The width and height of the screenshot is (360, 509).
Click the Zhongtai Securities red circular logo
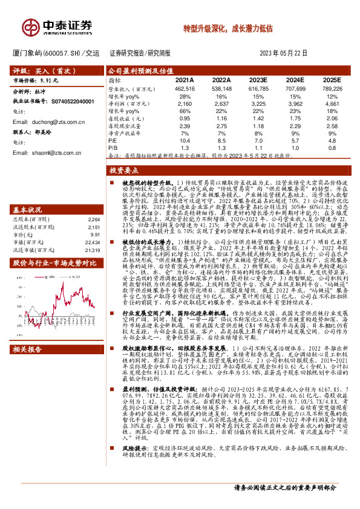[x=30, y=26]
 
